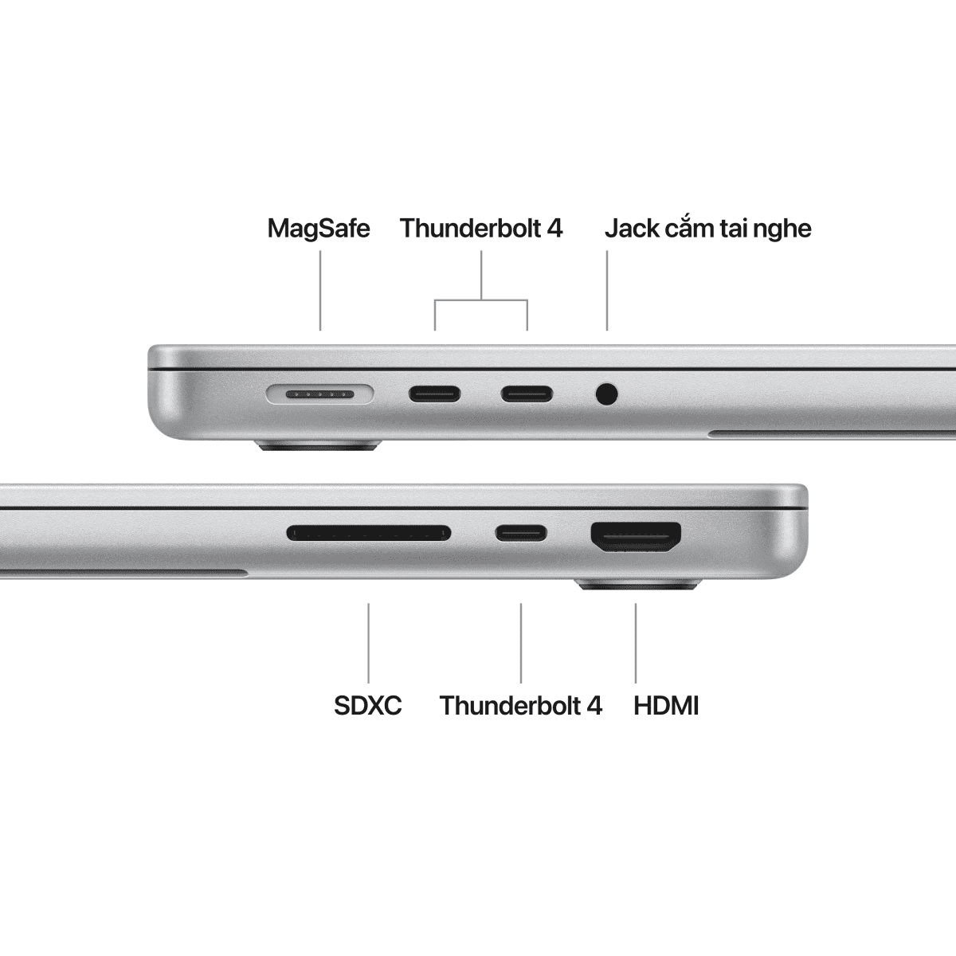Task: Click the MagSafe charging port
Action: (319, 394)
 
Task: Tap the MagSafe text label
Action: (319, 229)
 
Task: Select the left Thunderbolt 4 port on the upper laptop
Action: (434, 394)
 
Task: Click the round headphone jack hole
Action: (607, 394)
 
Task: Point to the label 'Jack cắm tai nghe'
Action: (707, 229)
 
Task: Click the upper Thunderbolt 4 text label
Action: (481, 229)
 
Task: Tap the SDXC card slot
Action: (368, 532)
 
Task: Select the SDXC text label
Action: (368, 705)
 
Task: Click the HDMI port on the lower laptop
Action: (636, 537)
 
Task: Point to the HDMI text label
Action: (666, 705)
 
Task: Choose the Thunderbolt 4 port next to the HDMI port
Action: (521, 532)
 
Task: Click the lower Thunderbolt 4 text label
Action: (521, 705)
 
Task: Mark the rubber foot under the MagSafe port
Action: (319, 449)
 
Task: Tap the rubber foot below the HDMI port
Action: (637, 586)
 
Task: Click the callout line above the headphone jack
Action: (607, 291)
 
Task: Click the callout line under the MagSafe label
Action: (320, 291)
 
